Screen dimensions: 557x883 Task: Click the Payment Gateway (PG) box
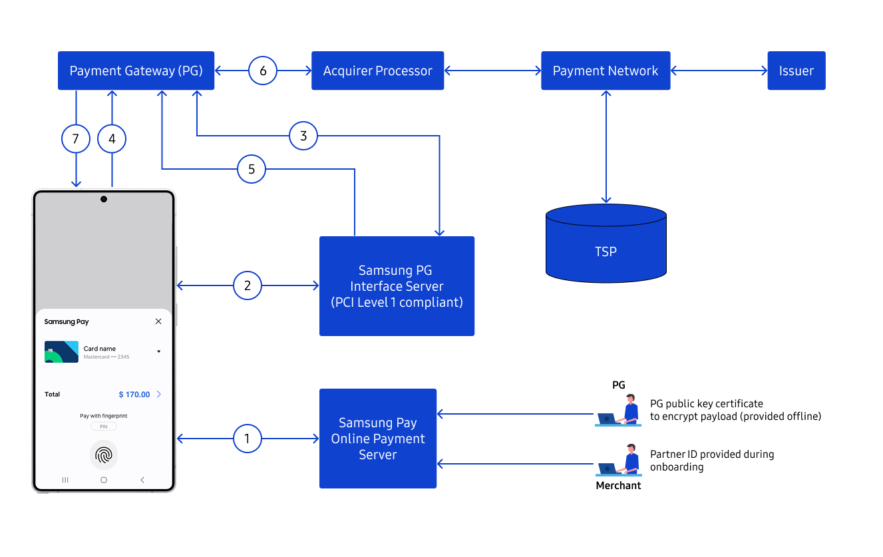(136, 71)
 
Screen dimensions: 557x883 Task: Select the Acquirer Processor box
(377, 71)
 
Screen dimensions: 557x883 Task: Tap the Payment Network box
(605, 71)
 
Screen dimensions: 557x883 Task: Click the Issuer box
(796, 71)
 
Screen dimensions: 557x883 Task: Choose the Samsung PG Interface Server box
(397, 286)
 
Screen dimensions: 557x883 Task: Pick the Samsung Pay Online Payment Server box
(377, 439)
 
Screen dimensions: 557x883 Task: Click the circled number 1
(248, 439)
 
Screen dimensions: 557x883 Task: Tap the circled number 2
(248, 286)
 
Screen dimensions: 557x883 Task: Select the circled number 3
(303, 136)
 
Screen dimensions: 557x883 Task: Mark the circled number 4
(112, 139)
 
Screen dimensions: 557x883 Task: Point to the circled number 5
(252, 169)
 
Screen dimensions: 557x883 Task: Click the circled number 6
(263, 71)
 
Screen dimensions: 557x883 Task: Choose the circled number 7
(75, 139)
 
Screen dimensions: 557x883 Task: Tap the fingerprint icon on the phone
(104, 455)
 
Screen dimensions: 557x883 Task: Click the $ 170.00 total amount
(134, 395)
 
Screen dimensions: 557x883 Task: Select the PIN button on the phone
(103, 427)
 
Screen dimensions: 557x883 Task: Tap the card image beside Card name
(61, 352)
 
